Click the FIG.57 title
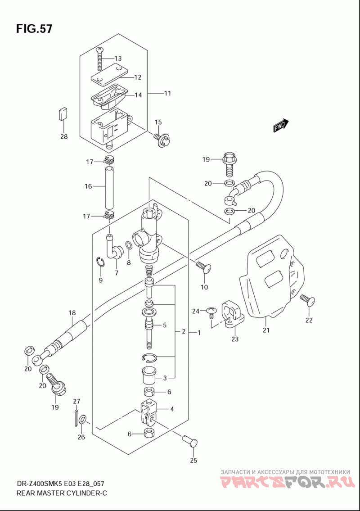34,29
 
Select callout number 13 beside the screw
118,59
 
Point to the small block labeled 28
63,114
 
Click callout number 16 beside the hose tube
88,186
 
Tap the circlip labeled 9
100,262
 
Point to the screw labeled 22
307,300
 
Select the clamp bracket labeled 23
232,313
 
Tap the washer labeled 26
82,420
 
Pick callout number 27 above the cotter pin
76,402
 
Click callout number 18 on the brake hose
72,313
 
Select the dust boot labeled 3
148,376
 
